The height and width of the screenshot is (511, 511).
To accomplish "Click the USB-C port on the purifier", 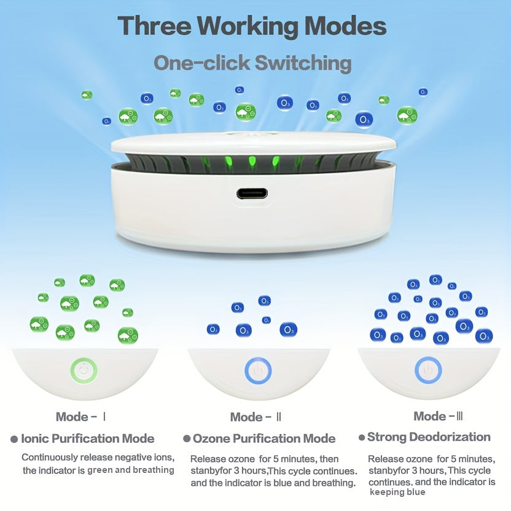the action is (x=252, y=193).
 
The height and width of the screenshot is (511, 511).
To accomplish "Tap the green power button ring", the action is (x=84, y=370).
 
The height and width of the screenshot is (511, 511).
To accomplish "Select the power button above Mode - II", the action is (x=258, y=371).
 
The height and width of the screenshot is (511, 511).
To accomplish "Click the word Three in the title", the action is (x=155, y=26).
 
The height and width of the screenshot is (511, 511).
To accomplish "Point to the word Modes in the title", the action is (x=345, y=26).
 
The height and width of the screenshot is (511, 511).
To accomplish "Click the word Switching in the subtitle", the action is (x=303, y=63).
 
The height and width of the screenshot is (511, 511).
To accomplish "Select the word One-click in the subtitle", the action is (x=202, y=63).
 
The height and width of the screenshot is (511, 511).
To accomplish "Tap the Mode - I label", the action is (x=81, y=416).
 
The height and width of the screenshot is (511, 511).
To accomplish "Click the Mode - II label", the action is (x=255, y=417).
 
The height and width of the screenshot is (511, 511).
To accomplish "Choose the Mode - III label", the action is (x=438, y=416).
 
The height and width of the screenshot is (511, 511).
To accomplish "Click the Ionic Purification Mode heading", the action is (x=88, y=439).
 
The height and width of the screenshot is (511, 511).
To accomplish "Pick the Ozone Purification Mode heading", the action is (x=264, y=439).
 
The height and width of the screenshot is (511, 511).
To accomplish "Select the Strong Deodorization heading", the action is (x=429, y=437).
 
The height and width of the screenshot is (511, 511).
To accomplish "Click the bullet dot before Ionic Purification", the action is (x=14, y=439).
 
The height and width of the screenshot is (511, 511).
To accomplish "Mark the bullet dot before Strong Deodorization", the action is (x=361, y=437).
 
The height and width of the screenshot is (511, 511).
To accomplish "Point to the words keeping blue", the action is (x=397, y=492).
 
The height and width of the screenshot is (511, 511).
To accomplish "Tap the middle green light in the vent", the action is (x=252, y=161).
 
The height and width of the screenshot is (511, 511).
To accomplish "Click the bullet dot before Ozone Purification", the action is (x=187, y=439).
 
